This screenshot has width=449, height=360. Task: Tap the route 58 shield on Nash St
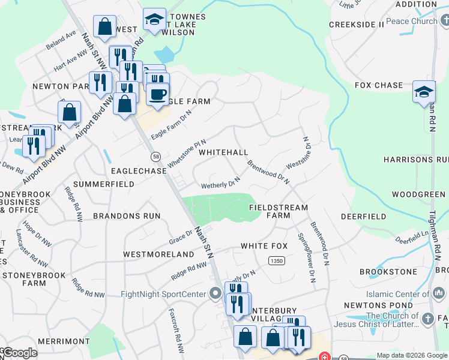coord(155,157)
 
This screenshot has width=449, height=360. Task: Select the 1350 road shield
coord(276,260)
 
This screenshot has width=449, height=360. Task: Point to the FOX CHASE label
coord(379,85)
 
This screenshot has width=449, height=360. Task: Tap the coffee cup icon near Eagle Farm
coord(158,95)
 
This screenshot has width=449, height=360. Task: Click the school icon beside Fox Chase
coord(424,91)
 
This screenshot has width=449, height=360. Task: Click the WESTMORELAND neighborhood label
coord(158,254)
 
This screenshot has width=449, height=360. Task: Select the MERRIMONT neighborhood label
coord(63,341)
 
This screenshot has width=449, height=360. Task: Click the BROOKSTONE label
coord(388,272)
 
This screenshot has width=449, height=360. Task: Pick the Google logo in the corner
coord(20,353)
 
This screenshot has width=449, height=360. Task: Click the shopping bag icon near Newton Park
coord(69,112)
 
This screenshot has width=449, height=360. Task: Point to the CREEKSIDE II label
coord(356,25)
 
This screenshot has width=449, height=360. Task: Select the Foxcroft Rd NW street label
coord(175,330)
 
